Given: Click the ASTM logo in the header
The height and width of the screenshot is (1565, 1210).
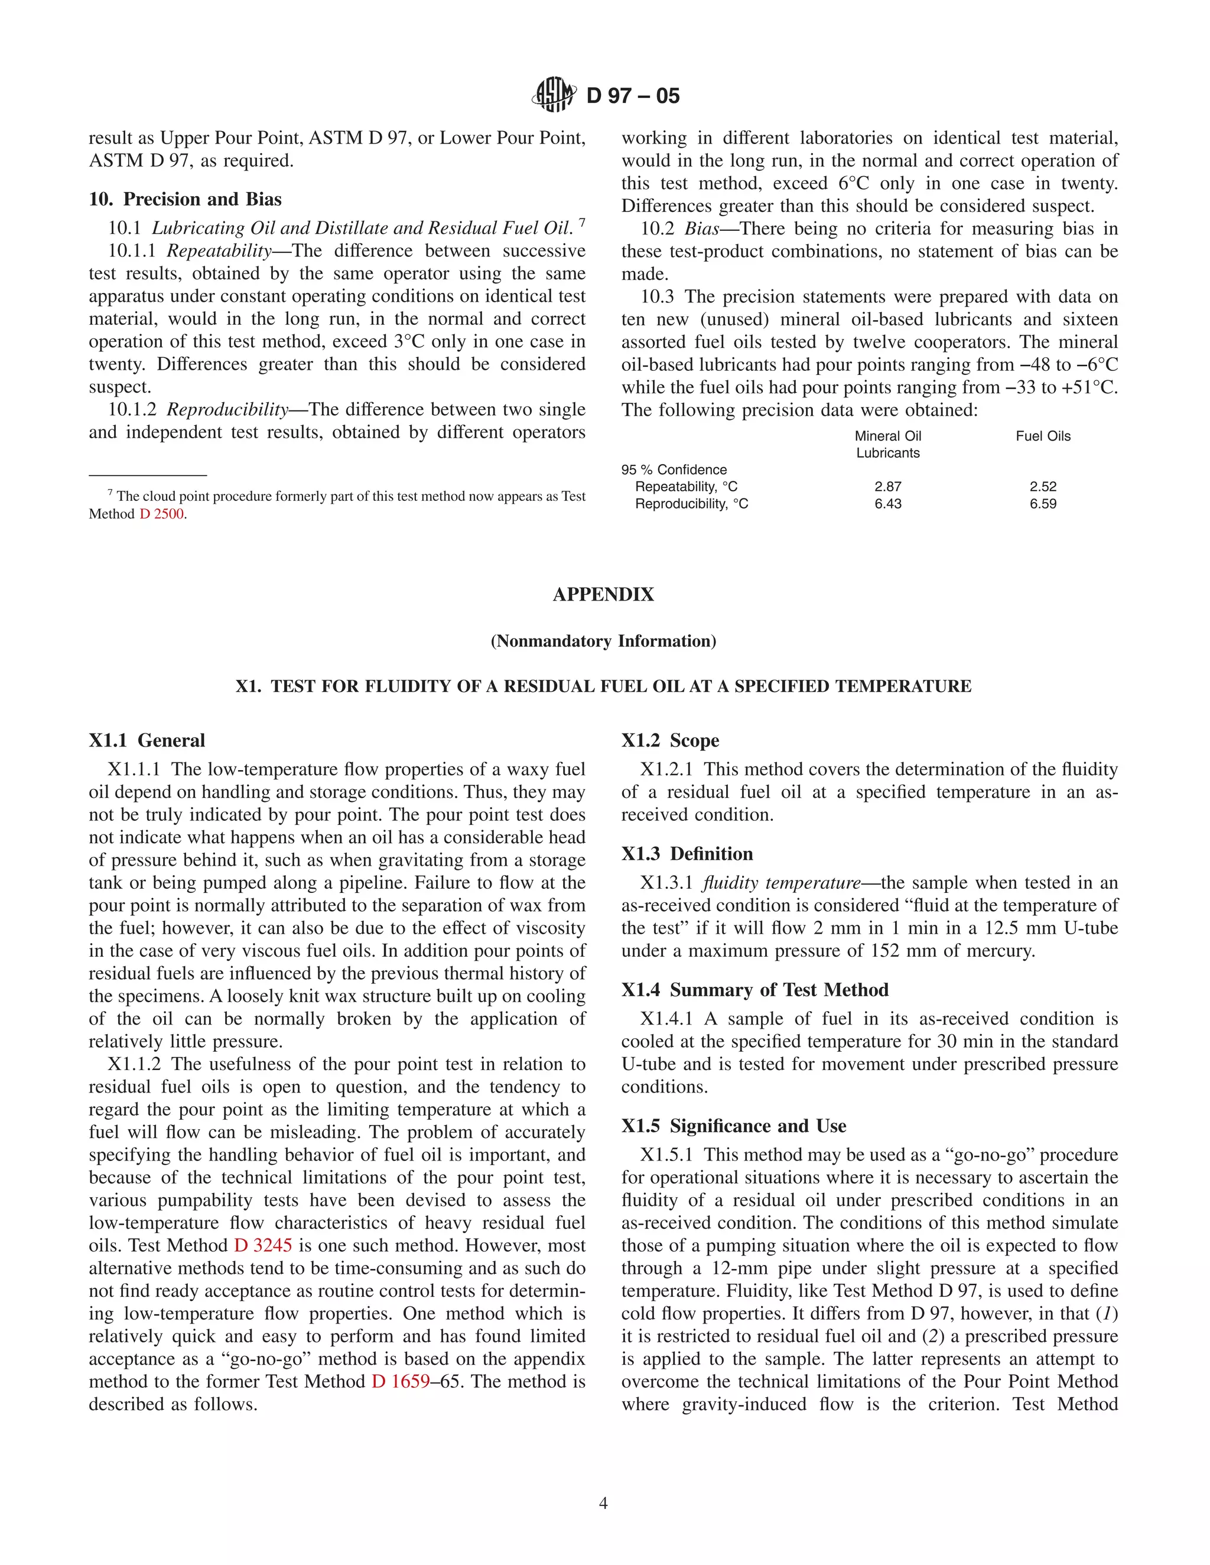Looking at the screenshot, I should pyautogui.click(x=554, y=94).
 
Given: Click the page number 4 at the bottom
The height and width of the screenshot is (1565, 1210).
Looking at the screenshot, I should pyautogui.click(x=604, y=1502).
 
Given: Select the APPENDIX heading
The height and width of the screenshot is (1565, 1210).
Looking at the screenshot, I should pyautogui.click(x=604, y=595).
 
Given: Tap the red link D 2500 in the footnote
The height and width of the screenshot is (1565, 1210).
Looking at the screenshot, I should pyautogui.click(x=162, y=514).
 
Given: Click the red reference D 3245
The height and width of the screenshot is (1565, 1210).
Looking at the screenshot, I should pyautogui.click(x=263, y=1246).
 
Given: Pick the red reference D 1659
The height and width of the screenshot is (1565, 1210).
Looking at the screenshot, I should pyautogui.click(x=400, y=1381).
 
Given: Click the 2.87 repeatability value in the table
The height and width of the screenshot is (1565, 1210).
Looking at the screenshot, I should pyautogui.click(x=887, y=487).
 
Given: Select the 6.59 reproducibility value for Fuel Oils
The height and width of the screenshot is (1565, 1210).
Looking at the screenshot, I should pyautogui.click(x=1043, y=504).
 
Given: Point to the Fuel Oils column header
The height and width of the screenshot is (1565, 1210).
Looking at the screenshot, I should pyautogui.click(x=1043, y=436).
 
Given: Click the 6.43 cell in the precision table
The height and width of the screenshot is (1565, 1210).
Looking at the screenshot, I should pyautogui.click(x=887, y=504).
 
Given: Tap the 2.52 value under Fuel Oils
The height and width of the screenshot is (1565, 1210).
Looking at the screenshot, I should pyautogui.click(x=1043, y=487).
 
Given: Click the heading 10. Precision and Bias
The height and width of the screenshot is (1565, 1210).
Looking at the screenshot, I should pyautogui.click(x=185, y=199).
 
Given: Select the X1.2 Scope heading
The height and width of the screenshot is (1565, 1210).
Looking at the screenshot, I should pyautogui.click(x=670, y=740).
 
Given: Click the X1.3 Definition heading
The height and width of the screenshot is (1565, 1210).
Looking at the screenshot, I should pyautogui.click(x=687, y=853).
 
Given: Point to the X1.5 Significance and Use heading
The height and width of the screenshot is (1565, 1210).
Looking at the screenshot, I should pyautogui.click(x=733, y=1126).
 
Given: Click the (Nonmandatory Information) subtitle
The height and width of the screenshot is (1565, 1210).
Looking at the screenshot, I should pyautogui.click(x=604, y=641).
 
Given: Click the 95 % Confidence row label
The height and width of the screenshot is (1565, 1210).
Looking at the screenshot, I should pyautogui.click(x=674, y=469).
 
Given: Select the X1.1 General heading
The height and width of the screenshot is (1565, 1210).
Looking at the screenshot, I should pyautogui.click(x=147, y=740).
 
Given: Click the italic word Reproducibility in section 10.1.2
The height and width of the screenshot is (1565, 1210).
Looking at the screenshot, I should pyautogui.click(x=227, y=410).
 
